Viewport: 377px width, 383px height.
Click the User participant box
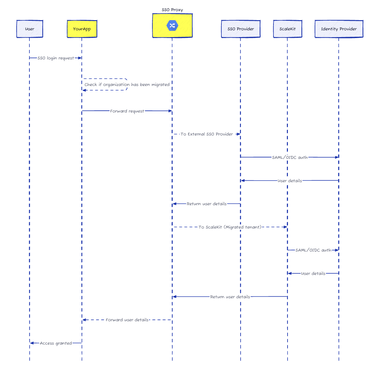pos(30,29)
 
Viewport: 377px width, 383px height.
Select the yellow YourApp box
pos(82,29)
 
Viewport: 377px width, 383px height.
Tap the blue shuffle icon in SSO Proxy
pos(172,26)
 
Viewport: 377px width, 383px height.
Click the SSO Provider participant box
pos(241,29)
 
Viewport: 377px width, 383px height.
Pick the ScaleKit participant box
pos(288,29)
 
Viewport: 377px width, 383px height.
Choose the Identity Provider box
pos(339,29)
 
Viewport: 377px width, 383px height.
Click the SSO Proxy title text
pos(172,10)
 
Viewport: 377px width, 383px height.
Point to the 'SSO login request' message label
pos(56,58)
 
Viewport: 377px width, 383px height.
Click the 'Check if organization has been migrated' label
pos(127,85)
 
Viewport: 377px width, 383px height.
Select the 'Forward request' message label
pos(127,111)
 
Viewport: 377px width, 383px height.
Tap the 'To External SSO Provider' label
pos(207,134)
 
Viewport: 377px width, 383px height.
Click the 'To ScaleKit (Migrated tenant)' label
pos(230,227)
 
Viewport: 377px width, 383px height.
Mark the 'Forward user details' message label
pos(127,320)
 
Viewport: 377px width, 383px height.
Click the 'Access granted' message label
pos(56,343)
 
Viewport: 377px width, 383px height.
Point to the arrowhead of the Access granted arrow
pos(32,343)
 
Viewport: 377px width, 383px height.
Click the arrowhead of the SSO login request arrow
pos(80,58)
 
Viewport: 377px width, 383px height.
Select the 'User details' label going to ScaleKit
pos(313,274)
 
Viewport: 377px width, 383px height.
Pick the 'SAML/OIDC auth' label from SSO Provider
pos(290,158)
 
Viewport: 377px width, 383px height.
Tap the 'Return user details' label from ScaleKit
pos(230,297)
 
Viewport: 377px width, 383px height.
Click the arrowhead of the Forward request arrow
pos(170,111)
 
